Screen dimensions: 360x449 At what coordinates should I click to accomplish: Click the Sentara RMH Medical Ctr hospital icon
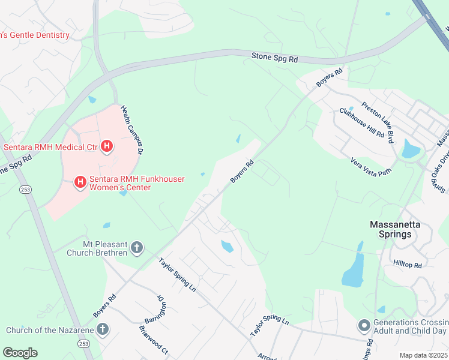tap(107, 146)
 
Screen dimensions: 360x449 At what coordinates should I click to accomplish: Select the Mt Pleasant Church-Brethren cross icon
tap(137, 247)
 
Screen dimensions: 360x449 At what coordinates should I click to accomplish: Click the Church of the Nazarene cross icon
tap(103, 329)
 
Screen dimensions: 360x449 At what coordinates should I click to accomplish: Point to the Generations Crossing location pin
tap(363, 325)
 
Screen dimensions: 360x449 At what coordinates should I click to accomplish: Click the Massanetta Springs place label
tap(394, 229)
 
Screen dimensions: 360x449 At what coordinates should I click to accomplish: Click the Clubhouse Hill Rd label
tap(361, 122)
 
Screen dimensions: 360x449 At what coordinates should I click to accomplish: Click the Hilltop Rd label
tap(408, 264)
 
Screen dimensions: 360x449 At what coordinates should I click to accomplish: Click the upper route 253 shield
tap(25, 189)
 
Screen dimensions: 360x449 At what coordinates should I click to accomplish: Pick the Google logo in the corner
tap(20, 353)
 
